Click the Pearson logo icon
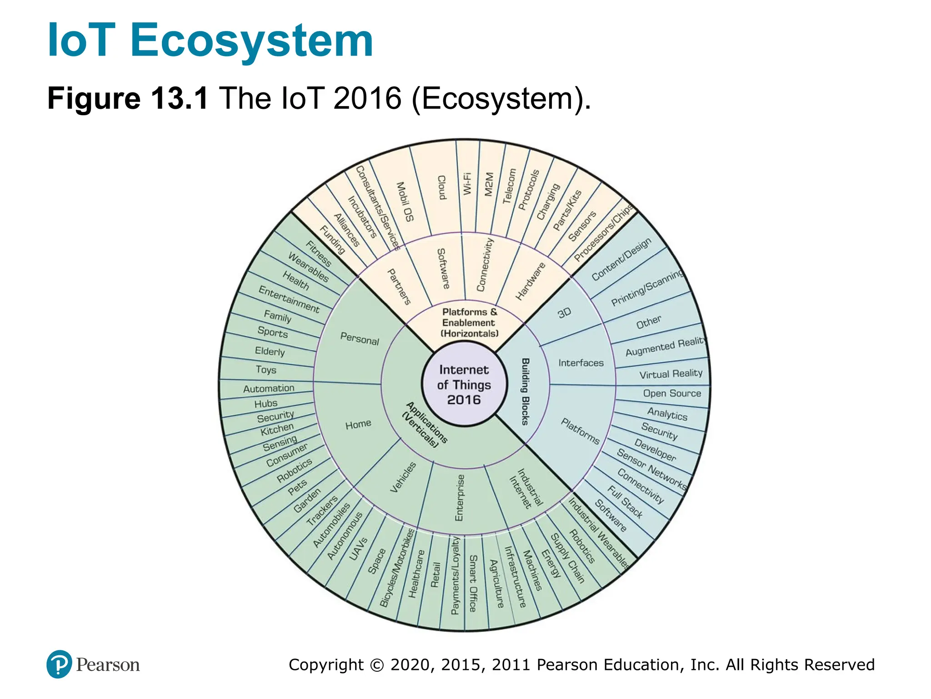tap(59, 664)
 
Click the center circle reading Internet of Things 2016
tap(464, 385)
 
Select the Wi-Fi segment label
tap(467, 184)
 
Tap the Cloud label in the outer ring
tap(441, 187)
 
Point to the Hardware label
tap(531, 281)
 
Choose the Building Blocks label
tap(525, 391)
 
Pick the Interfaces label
tap(581, 363)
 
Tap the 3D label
tap(564, 313)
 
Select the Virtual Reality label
tap(671, 374)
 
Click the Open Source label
tap(672, 393)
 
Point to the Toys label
tap(266, 370)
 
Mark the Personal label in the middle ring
tap(360, 339)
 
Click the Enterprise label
tap(460, 497)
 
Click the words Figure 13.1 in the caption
tap(128, 98)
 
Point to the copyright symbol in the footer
tap(377, 665)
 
